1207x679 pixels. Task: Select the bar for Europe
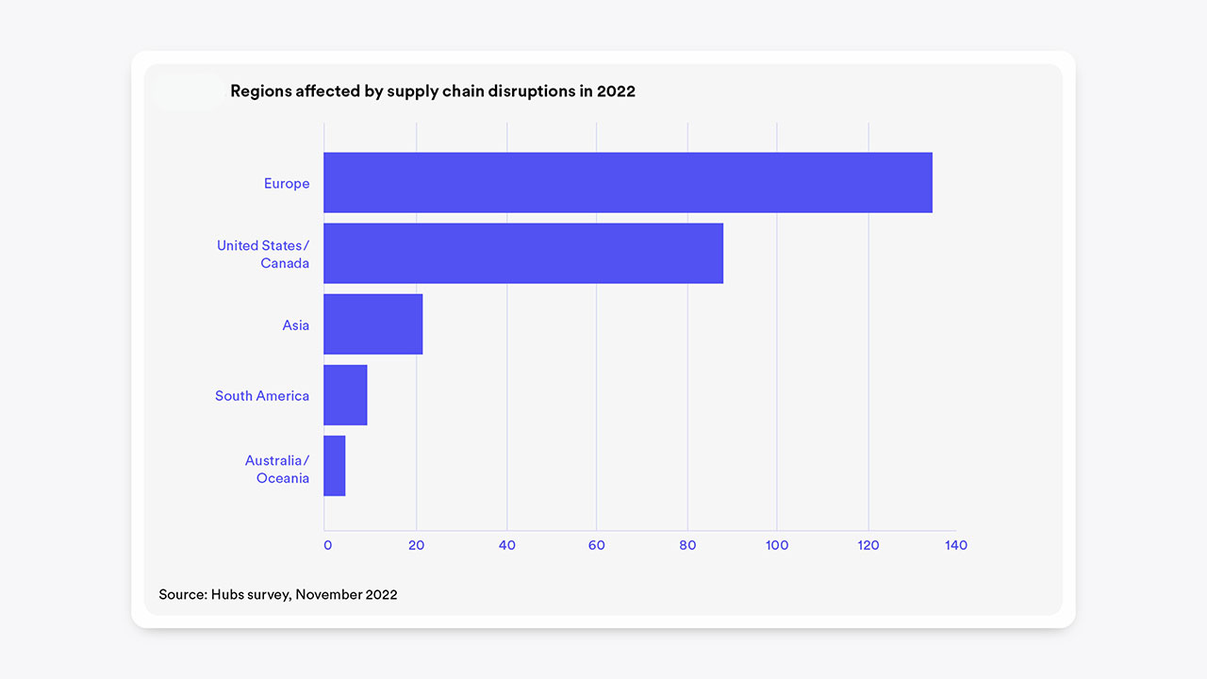627,183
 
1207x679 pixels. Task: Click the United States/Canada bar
523,253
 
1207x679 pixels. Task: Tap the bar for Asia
372,324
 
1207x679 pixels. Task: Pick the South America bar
345,395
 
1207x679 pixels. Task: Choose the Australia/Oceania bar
335,466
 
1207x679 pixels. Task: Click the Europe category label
287,184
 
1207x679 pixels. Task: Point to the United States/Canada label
263,255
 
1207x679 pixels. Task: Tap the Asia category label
296,325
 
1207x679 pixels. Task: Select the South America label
262,396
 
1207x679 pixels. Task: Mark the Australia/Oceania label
277,470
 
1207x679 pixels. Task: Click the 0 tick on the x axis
327,545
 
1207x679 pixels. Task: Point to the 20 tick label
416,545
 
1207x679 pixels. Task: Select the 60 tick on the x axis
596,545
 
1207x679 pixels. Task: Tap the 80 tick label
687,545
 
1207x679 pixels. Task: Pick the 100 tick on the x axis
777,545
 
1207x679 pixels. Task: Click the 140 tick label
956,545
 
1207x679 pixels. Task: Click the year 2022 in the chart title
616,91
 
